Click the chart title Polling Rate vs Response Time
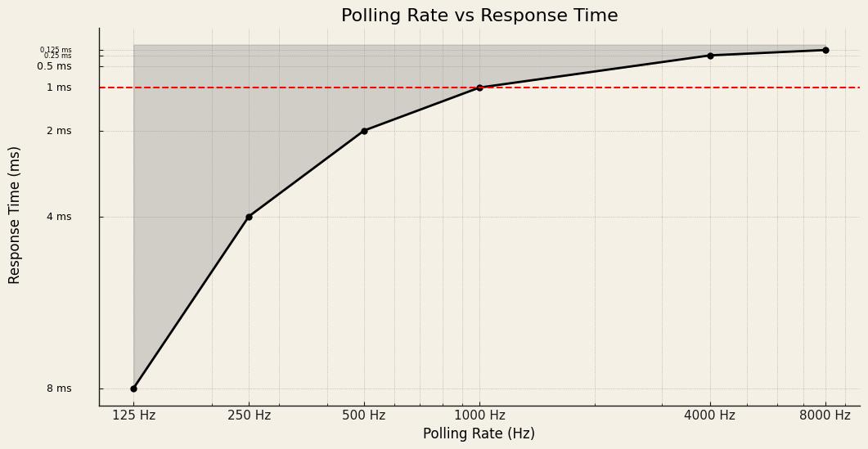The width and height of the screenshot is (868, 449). click(479, 16)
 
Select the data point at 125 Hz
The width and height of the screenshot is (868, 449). click(133, 388)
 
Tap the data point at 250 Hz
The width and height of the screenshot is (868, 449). click(249, 217)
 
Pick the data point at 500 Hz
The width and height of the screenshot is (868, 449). click(364, 131)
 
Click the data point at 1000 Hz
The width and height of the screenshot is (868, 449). click(479, 88)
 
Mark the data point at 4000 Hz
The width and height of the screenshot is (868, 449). click(710, 56)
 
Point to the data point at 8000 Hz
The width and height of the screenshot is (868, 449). click(825, 50)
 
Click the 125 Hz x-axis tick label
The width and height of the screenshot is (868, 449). click(133, 415)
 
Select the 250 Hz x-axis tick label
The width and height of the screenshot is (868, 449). click(249, 415)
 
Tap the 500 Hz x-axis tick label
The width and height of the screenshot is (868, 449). click(364, 415)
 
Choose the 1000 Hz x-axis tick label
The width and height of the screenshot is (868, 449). click(479, 415)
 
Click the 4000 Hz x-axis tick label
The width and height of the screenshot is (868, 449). click(710, 415)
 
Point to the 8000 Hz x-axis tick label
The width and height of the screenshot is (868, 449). click(825, 415)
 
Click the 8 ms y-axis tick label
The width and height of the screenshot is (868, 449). click(59, 388)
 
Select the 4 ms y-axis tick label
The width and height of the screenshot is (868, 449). click(59, 217)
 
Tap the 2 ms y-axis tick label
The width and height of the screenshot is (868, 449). click(59, 131)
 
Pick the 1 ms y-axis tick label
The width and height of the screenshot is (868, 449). click(59, 88)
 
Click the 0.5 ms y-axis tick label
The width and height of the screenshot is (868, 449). click(54, 66)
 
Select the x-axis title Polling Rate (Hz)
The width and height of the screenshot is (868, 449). click(479, 434)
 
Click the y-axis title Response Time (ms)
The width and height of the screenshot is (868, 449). click(16, 215)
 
